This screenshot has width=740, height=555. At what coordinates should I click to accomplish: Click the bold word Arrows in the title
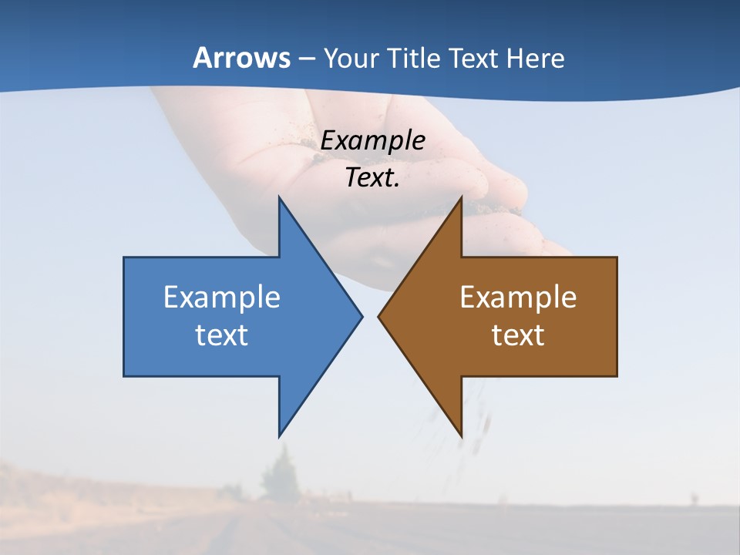tap(241, 58)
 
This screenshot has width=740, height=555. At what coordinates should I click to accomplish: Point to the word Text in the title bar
tap(474, 59)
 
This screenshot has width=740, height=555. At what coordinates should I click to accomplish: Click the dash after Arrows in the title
tap(306, 59)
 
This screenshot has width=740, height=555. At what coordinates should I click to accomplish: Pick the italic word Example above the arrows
tap(372, 140)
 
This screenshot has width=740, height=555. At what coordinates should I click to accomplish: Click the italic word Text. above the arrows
tap(372, 178)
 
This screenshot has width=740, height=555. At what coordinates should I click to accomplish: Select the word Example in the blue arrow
tap(222, 297)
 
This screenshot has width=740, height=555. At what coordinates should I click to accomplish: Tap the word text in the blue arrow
tap(222, 335)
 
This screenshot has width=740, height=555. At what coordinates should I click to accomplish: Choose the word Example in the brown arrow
tap(518, 297)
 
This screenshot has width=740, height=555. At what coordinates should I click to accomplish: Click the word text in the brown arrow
tap(518, 335)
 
